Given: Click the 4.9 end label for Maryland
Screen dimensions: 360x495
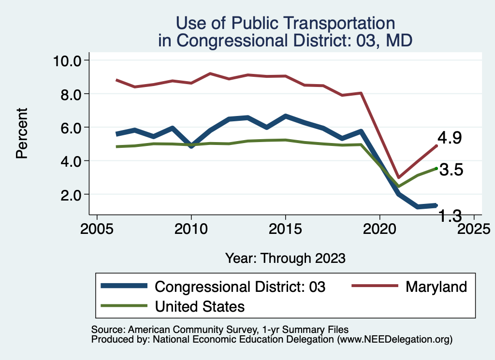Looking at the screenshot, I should click(x=450, y=138).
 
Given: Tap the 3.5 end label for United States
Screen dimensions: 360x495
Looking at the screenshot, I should click(x=451, y=170).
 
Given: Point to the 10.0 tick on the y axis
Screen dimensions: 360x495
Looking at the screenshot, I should click(x=69, y=60).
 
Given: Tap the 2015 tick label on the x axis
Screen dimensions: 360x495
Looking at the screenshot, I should click(x=285, y=228).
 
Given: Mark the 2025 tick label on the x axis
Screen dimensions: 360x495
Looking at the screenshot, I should click(x=474, y=228).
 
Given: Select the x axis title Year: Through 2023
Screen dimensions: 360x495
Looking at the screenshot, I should click(x=285, y=258).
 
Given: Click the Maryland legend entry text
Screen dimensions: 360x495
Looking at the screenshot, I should click(x=436, y=287).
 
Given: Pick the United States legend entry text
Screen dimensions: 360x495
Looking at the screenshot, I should click(x=200, y=306).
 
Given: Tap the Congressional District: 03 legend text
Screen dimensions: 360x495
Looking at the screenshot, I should click(x=240, y=287).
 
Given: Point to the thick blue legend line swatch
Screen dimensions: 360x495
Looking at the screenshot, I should click(x=124, y=286).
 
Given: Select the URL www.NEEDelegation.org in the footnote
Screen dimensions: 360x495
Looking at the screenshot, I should click(x=394, y=340).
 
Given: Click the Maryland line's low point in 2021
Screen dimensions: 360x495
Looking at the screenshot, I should click(x=399, y=177).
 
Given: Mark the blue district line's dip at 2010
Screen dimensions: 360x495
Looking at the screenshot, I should click(x=191, y=145).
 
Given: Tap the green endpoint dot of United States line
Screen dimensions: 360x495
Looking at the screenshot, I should click(x=437, y=168).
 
